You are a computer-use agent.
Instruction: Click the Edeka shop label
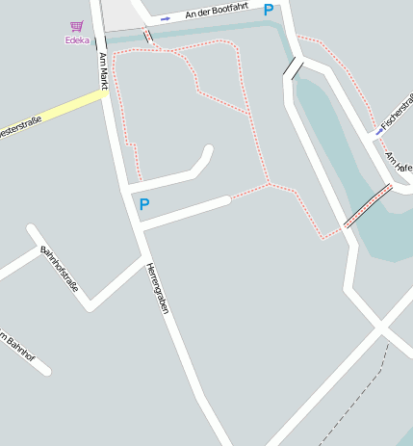tap(76, 40)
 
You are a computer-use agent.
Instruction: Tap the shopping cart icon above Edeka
tap(76, 26)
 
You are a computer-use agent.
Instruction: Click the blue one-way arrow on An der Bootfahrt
tap(166, 18)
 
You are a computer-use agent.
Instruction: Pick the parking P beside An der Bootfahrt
tap(269, 10)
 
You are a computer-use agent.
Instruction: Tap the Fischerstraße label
tap(397, 114)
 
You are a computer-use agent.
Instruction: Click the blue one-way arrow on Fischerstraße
tap(377, 133)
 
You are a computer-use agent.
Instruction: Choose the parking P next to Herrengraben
tap(144, 204)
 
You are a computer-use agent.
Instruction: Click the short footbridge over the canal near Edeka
tap(148, 38)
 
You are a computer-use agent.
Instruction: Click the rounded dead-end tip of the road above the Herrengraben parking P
tap(207, 151)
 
